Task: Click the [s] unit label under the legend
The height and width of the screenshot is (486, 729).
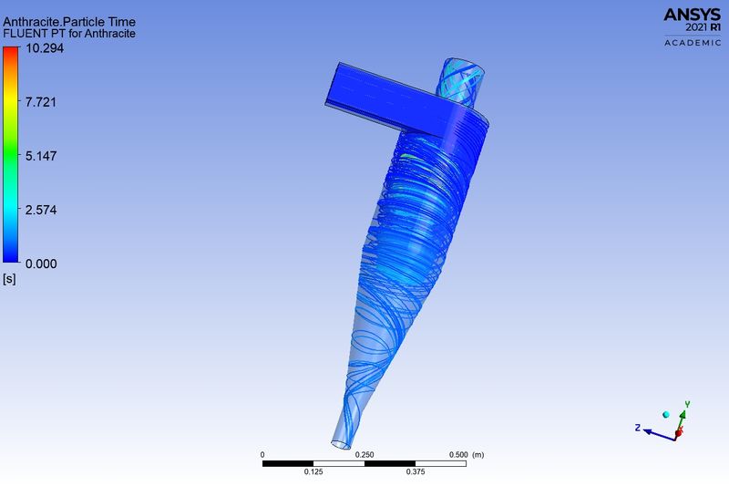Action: click(x=10, y=278)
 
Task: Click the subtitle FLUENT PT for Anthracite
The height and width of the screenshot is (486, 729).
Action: click(x=69, y=34)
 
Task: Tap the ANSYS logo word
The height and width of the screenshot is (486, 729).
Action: click(x=692, y=15)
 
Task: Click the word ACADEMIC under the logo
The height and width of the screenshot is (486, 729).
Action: click(x=693, y=43)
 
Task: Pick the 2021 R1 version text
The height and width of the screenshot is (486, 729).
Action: click(x=700, y=28)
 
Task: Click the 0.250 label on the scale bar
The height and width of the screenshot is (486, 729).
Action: click(x=364, y=454)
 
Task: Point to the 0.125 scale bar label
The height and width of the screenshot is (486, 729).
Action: click(x=313, y=472)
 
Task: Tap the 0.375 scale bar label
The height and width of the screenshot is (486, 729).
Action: click(x=415, y=472)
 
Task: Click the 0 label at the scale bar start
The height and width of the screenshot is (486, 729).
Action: click(x=262, y=454)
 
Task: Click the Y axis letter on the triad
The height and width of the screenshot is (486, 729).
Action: click(x=688, y=404)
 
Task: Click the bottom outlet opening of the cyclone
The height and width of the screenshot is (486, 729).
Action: click(x=341, y=444)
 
